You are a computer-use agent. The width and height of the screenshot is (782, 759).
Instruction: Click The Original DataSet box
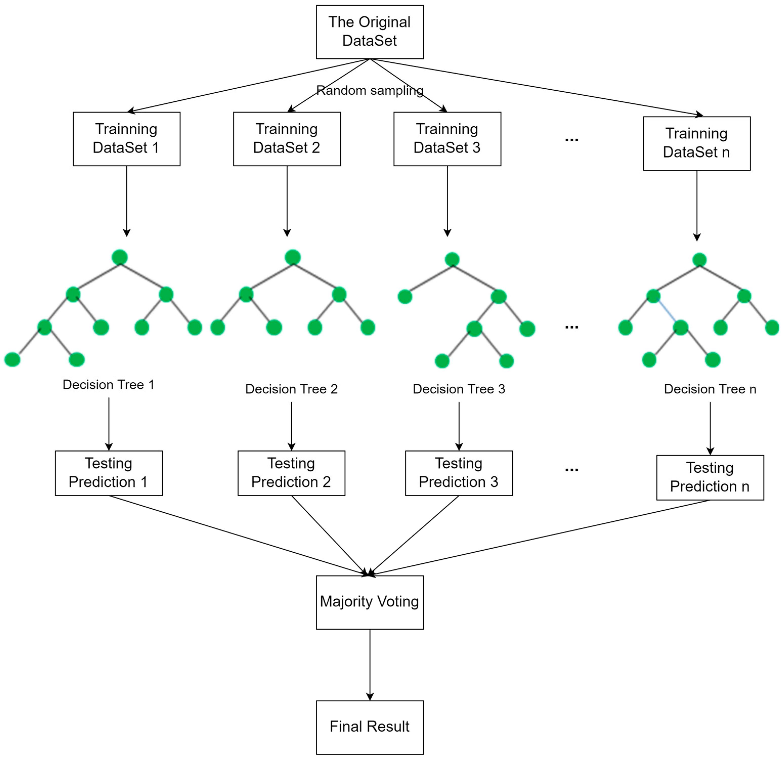[x=370, y=32]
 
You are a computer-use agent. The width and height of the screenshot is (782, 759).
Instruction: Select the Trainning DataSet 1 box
[x=126, y=139]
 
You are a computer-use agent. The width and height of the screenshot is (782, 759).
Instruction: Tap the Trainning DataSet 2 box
[x=287, y=139]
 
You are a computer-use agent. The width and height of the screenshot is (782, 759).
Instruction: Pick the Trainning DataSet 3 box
[x=447, y=139]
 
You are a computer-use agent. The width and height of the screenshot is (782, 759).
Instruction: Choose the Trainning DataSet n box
[x=697, y=143]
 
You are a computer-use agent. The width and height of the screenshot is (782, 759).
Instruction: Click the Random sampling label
[x=370, y=91]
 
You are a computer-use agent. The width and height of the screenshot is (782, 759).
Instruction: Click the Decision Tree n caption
[x=710, y=389]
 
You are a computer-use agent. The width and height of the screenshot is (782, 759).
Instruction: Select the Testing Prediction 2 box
[x=291, y=473]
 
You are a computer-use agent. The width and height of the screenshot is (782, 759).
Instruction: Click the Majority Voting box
[x=370, y=602]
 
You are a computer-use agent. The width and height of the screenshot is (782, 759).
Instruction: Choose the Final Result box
[x=370, y=726]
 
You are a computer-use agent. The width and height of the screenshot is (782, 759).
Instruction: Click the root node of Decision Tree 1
[x=120, y=257]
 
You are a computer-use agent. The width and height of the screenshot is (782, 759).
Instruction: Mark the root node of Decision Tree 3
[x=452, y=259]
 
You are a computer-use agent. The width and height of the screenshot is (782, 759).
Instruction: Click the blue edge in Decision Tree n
[x=666, y=312]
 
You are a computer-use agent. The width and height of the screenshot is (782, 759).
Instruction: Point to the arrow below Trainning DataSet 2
[x=287, y=200]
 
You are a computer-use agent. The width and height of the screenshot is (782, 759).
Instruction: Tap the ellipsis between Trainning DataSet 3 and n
[x=571, y=140]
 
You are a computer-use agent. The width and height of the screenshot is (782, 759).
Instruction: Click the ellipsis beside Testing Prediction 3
[x=571, y=470]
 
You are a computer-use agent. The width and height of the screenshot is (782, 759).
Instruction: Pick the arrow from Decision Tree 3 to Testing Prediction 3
[x=459, y=425]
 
